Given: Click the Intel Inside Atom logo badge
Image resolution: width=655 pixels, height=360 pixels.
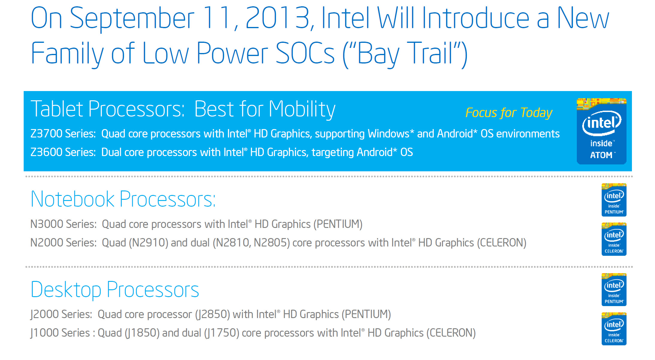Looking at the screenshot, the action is (x=601, y=131).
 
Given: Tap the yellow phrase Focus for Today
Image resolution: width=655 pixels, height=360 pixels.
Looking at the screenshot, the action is (x=508, y=113).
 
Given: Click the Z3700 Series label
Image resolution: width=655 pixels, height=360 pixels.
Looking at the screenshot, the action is (x=63, y=134).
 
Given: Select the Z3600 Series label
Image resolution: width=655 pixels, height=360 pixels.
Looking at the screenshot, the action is (x=63, y=152).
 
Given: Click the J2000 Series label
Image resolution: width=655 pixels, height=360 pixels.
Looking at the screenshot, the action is (x=61, y=314).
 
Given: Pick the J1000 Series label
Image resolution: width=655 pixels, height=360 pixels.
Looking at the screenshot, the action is (x=60, y=333).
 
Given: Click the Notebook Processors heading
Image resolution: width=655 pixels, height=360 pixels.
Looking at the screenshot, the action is (x=123, y=199).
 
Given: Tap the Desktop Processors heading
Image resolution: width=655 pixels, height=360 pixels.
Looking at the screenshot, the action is (x=115, y=290).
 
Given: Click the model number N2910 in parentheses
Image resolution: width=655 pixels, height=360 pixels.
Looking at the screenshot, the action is (x=150, y=243).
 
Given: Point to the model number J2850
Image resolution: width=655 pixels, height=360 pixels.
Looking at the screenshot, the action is (x=212, y=314).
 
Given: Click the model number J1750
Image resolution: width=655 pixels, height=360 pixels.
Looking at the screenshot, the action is (x=221, y=333).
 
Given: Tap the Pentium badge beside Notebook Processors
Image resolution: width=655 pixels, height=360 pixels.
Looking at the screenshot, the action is (x=614, y=200).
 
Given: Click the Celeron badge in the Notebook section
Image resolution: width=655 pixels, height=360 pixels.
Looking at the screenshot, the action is (x=614, y=239).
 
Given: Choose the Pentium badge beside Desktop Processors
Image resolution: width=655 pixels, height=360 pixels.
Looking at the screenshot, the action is (x=614, y=290).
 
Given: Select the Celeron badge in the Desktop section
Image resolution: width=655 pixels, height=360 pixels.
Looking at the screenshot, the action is (x=614, y=329).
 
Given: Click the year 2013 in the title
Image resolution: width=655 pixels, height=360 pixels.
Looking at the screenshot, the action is (x=277, y=18).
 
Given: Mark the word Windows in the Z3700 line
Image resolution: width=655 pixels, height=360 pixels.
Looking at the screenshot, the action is (x=388, y=134).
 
